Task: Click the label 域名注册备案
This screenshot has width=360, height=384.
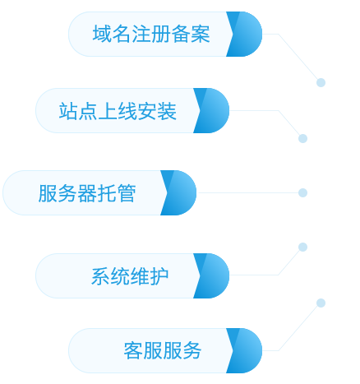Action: [x=151, y=34]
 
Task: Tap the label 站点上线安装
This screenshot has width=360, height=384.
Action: [x=118, y=111]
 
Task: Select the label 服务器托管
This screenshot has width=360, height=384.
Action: [x=87, y=193]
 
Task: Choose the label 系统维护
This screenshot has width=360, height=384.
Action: [x=130, y=276]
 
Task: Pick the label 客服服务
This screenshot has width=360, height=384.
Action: [x=163, y=350]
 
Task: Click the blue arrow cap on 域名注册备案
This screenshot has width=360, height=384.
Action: [x=245, y=34]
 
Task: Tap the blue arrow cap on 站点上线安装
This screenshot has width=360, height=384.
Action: [x=212, y=110]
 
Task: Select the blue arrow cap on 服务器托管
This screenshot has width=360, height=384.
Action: [x=179, y=192]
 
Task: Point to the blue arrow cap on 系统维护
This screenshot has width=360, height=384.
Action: [x=212, y=275]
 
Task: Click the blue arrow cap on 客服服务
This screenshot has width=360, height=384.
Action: [x=245, y=350]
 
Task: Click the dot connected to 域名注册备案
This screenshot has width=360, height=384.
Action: [x=321, y=82]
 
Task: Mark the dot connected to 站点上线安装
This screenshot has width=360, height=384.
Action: [x=302, y=138]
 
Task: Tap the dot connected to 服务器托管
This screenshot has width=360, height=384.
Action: [x=302, y=192]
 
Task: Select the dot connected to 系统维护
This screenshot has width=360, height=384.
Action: [x=302, y=247]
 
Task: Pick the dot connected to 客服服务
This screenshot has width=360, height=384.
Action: [x=321, y=303]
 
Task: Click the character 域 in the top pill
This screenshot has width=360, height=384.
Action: [x=102, y=34]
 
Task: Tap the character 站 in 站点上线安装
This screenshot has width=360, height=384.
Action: [x=68, y=111]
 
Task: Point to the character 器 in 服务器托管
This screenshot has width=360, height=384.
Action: [x=87, y=193]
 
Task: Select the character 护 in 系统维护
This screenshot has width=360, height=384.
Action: [x=159, y=276]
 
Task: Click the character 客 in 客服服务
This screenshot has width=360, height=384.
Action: [x=133, y=350]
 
